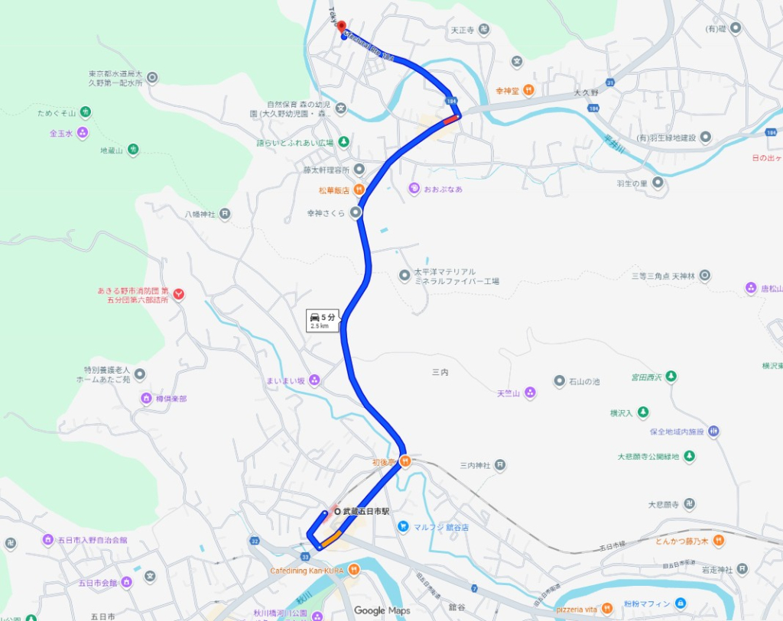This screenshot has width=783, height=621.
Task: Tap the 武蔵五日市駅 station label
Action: coord(366,511)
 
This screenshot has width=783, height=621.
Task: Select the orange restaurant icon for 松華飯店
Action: coord(358,189)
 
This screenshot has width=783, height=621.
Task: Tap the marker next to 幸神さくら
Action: coord(356,213)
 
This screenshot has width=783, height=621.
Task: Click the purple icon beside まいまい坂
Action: coord(314,380)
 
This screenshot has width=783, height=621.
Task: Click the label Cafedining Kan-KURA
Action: coord(306,571)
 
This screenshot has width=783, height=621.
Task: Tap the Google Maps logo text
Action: coord(382,610)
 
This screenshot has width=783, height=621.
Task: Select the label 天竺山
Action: coord(508,393)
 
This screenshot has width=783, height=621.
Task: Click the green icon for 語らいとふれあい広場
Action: coord(343,142)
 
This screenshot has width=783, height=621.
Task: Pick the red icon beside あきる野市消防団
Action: coord(178,293)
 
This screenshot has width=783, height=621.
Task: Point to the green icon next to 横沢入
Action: coord(643,412)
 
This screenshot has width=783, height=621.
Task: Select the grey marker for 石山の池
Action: coord(560,380)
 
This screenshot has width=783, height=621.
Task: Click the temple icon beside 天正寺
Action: coord(484,30)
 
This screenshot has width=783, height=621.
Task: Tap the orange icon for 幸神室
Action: coord(528,90)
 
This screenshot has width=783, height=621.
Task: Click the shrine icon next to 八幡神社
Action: coord(225,214)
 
